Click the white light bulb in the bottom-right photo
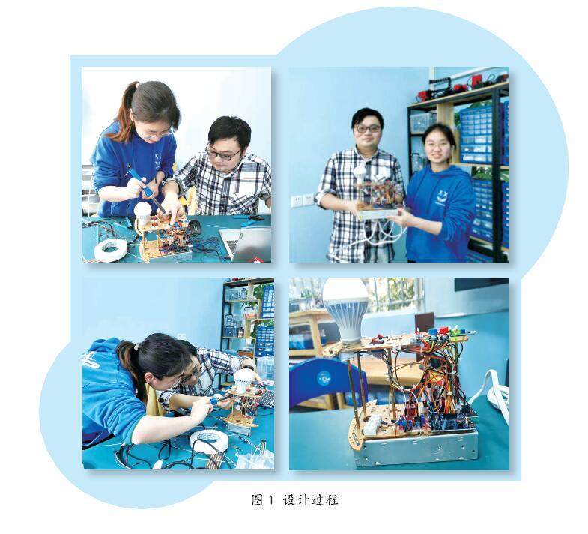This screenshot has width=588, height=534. pyautogui.click(x=346, y=309)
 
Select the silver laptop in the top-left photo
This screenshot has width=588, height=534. pyautogui.click(x=246, y=243)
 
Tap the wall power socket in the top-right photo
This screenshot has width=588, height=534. pyautogui.click(x=303, y=200)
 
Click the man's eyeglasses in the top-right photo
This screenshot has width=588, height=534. pyautogui.click(x=367, y=128)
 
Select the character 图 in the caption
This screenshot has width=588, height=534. pyautogui.click(x=257, y=500)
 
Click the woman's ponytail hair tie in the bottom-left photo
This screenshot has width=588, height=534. pyautogui.click(x=137, y=346)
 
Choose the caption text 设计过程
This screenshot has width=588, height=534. pyautogui.click(x=311, y=500)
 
